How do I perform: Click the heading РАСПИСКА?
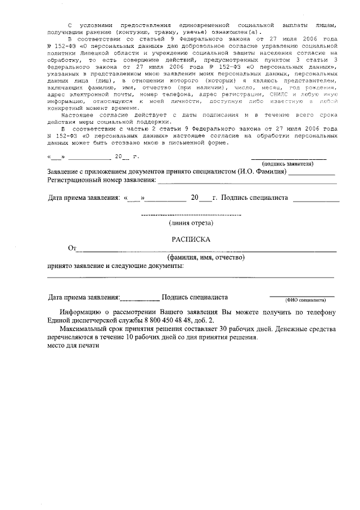coord(191,239)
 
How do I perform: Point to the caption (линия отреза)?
coord(191,223)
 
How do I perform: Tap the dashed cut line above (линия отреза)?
coord(191,215)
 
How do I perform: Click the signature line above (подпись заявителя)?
coord(288,159)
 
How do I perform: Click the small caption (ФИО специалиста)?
coord(305,301)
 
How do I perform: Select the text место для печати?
coord(73,346)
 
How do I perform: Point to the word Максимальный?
coord(86,329)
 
